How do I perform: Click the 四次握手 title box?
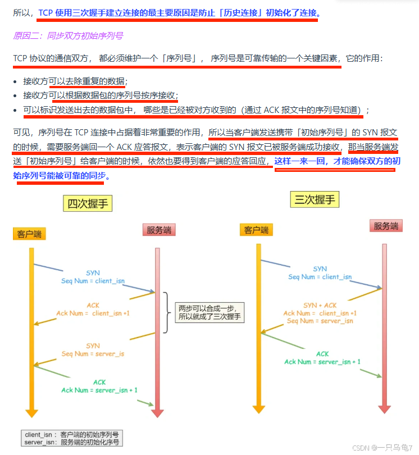pyautogui.click(x=88, y=203)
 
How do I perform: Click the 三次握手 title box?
pyautogui.click(x=315, y=199)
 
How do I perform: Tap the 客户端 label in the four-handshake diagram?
pyautogui.click(x=29, y=234)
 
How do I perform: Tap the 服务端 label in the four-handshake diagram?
pyautogui.click(x=159, y=229)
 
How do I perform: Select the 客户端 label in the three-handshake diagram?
pyautogui.click(x=256, y=230)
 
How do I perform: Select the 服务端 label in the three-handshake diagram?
pyautogui.click(x=386, y=226)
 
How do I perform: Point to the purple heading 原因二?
pyautogui.click(x=68, y=35)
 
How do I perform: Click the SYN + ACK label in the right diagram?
pyautogui.click(x=320, y=305)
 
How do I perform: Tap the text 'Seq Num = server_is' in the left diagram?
pyautogui.click(x=93, y=354)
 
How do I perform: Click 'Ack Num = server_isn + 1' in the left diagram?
pyautogui.click(x=99, y=390)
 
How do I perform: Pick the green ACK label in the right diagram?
pyautogui.click(x=322, y=354)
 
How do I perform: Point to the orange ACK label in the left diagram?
pyautogui.click(x=93, y=305)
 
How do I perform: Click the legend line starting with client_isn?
pyautogui.click(x=71, y=435)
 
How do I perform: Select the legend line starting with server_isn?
pyautogui.click(x=71, y=443)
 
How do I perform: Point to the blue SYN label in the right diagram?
pyautogui.click(x=320, y=269)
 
